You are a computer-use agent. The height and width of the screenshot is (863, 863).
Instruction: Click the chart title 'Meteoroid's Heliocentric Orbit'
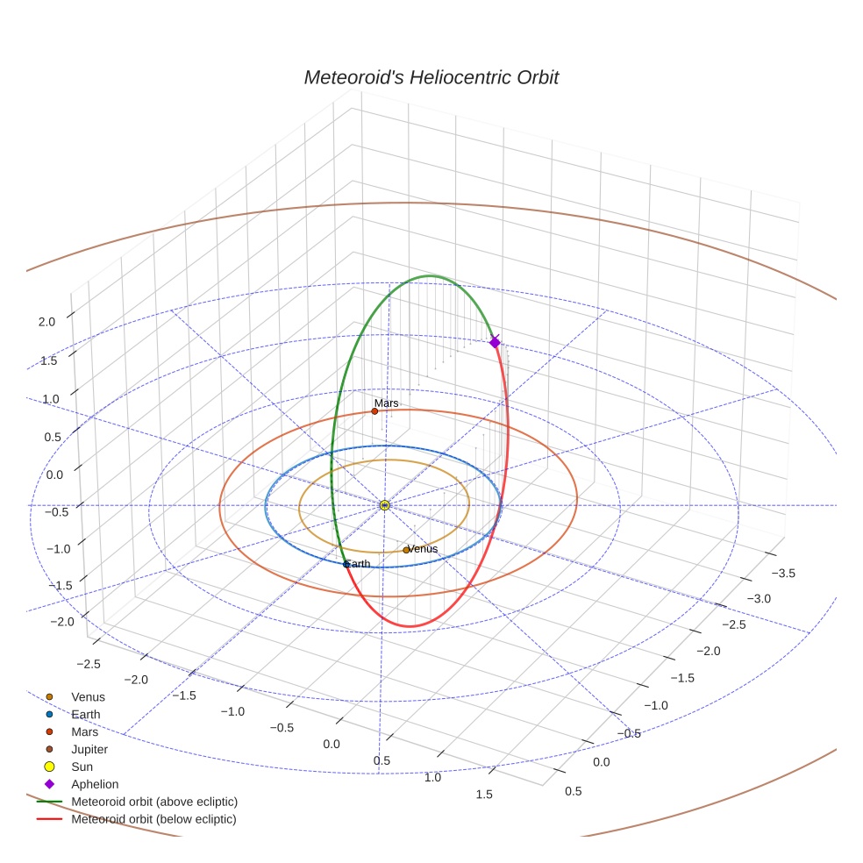(431, 77)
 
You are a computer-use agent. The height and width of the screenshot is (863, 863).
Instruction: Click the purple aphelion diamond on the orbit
(495, 342)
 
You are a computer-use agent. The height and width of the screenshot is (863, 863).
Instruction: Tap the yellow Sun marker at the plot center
(384, 505)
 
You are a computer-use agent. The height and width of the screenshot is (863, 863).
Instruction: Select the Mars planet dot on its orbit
(374, 411)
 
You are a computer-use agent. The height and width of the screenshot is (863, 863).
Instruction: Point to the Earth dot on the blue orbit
(346, 564)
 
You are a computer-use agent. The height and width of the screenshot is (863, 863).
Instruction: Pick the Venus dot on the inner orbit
(405, 550)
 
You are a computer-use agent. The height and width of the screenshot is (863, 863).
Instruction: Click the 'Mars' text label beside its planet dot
(387, 403)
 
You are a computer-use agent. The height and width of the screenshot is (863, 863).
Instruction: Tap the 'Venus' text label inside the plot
(423, 549)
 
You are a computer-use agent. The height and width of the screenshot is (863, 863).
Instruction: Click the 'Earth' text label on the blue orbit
(358, 564)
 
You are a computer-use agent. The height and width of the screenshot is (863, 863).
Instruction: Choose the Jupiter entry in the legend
(89, 750)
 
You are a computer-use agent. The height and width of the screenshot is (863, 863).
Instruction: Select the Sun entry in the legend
(82, 767)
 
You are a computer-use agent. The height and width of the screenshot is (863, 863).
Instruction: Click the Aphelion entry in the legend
(95, 784)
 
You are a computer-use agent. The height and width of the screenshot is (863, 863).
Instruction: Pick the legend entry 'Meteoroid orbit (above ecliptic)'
(154, 802)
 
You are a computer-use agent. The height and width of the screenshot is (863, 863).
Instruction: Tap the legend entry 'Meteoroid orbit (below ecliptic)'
(153, 819)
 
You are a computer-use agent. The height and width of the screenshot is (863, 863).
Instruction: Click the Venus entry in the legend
(88, 697)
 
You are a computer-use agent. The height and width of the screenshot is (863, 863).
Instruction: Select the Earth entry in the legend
(86, 715)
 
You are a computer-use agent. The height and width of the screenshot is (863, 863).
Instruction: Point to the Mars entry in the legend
(84, 732)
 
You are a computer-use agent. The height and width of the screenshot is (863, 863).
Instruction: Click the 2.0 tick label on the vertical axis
(46, 322)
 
